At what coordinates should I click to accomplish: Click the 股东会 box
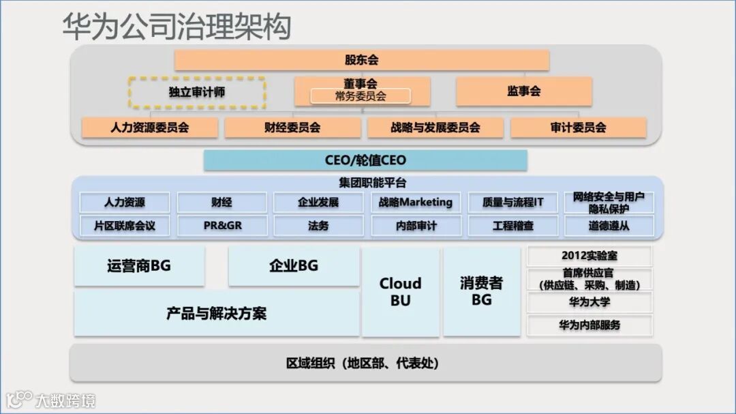pyautogui.click(x=361, y=60)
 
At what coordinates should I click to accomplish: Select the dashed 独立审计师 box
pyautogui.click(x=196, y=92)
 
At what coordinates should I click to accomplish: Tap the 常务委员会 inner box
pyautogui.click(x=361, y=96)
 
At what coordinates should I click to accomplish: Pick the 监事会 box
pyautogui.click(x=523, y=91)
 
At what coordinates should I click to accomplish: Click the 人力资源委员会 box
pyautogui.click(x=149, y=128)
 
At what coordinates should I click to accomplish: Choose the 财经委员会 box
pyautogui.click(x=292, y=128)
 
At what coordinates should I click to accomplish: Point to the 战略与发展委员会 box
pyautogui.click(x=435, y=128)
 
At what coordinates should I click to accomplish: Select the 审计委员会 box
pyautogui.click(x=578, y=128)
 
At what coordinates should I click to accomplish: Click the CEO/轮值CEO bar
pyautogui.click(x=365, y=160)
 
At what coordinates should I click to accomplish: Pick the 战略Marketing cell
pyautogui.click(x=416, y=202)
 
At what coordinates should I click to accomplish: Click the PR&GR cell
pyautogui.click(x=222, y=225)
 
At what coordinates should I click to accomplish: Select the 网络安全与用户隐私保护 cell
pyautogui.click(x=609, y=202)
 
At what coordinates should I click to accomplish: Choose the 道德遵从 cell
pyautogui.click(x=609, y=225)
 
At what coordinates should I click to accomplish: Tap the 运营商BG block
pyautogui.click(x=138, y=266)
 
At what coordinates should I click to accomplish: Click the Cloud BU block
pyautogui.click(x=400, y=292)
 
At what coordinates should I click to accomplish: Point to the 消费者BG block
pyautogui.click(x=481, y=292)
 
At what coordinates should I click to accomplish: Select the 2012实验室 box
pyautogui.click(x=589, y=256)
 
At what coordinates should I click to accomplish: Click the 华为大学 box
pyautogui.click(x=589, y=302)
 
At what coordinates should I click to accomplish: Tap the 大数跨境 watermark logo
pyautogui.click(x=51, y=400)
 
